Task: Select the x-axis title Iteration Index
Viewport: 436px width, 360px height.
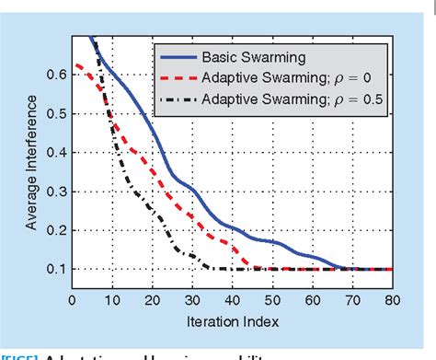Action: point(233,321)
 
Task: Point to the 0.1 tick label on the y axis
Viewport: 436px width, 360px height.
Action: point(55,270)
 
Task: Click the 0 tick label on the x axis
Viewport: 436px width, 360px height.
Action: point(72,300)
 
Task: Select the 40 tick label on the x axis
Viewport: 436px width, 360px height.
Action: point(233,300)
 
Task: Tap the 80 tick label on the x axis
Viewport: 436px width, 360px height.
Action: point(394,300)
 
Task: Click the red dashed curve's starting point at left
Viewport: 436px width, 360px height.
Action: point(76,64)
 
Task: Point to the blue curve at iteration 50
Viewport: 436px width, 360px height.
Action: point(273,242)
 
